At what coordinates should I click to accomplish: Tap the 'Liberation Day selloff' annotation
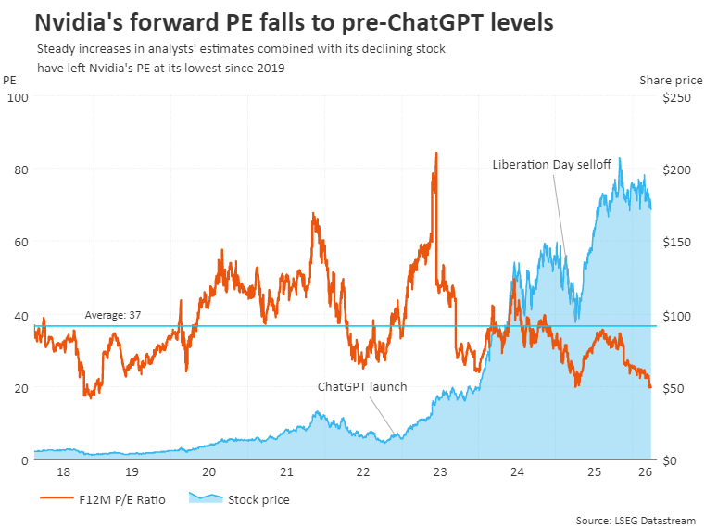point(552,164)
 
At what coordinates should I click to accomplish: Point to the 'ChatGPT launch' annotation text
point(362,386)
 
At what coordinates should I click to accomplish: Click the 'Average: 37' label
point(112,315)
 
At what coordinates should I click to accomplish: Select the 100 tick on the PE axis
point(18,97)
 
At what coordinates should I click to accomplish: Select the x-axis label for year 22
point(363,472)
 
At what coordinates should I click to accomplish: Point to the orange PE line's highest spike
point(436,153)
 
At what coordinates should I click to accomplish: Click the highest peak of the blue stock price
point(620,158)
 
